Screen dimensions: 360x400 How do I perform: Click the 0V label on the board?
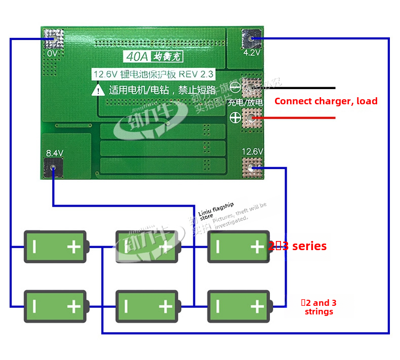pos(52,53)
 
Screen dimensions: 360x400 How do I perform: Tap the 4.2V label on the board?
pos(252,52)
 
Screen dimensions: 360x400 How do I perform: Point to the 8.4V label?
pos(54,152)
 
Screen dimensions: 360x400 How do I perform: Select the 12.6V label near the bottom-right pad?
pos(252,151)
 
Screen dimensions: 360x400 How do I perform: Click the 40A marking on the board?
pos(135,56)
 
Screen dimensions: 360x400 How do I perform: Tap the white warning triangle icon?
pos(97,91)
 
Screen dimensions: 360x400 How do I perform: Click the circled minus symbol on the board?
pos(235,87)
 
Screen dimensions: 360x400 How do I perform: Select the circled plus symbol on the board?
pos(235,117)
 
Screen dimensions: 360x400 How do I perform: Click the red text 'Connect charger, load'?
pos(326,101)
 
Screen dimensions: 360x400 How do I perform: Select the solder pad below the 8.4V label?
pos(54,168)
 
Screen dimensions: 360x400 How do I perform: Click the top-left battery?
pos(56,247)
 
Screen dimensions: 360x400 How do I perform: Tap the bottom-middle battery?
pos(147,306)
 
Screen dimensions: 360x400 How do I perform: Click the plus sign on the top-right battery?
pos(257,247)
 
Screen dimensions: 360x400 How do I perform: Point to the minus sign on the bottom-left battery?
pos(34,306)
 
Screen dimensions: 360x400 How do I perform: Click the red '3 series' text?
pos(302,247)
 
